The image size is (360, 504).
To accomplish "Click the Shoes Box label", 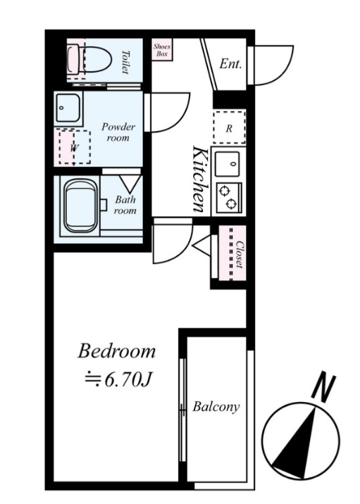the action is coord(162,50).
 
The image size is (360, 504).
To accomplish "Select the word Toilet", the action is coord(126,62).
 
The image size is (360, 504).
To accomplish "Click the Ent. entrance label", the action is coord(230,63).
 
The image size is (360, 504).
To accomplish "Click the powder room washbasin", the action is coord(68,108).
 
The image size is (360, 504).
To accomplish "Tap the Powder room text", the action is coord(118,132).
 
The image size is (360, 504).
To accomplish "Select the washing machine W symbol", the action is coord(74,147).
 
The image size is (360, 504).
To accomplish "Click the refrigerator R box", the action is coord(229,127).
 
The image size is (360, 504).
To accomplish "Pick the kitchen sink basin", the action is coord(227,164).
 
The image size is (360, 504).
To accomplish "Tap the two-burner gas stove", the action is coord(229,198).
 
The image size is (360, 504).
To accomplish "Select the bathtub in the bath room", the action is coord(81,206).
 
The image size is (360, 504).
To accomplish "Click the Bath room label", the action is coord(125,205).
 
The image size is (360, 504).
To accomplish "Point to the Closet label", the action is coord(240,254).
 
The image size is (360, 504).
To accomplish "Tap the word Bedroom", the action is coord(116,351).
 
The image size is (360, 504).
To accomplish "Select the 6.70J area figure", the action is coord(118,380).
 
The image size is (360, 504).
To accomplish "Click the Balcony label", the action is coord(216,407).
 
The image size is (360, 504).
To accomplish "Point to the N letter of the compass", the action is coord(323,388).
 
